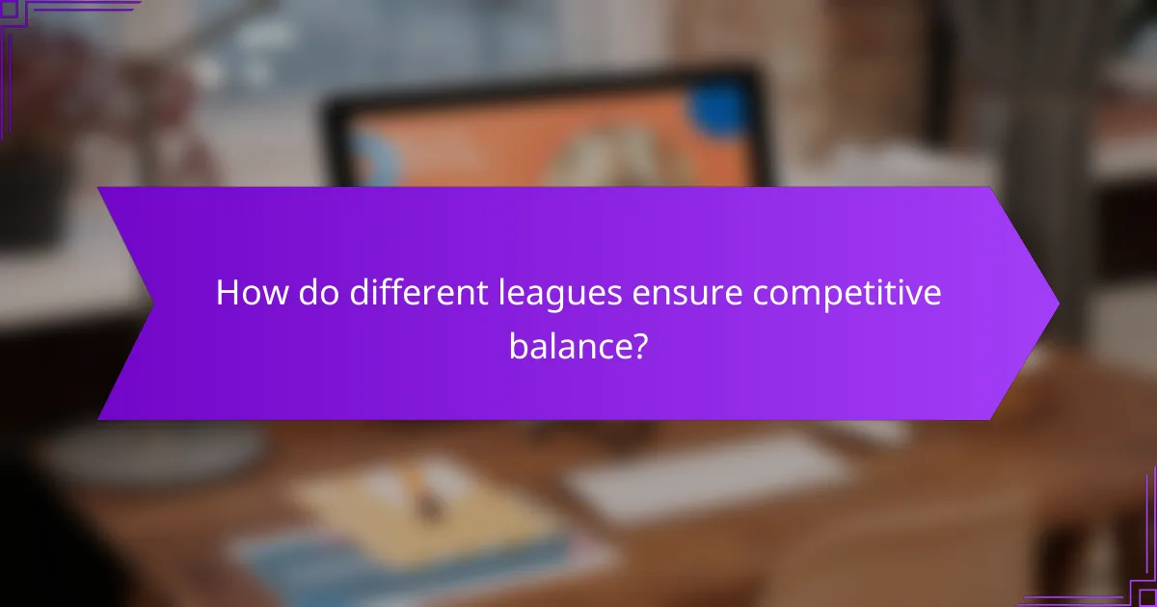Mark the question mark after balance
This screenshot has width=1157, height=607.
[x=637, y=346]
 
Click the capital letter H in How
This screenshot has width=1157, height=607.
[x=227, y=294]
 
